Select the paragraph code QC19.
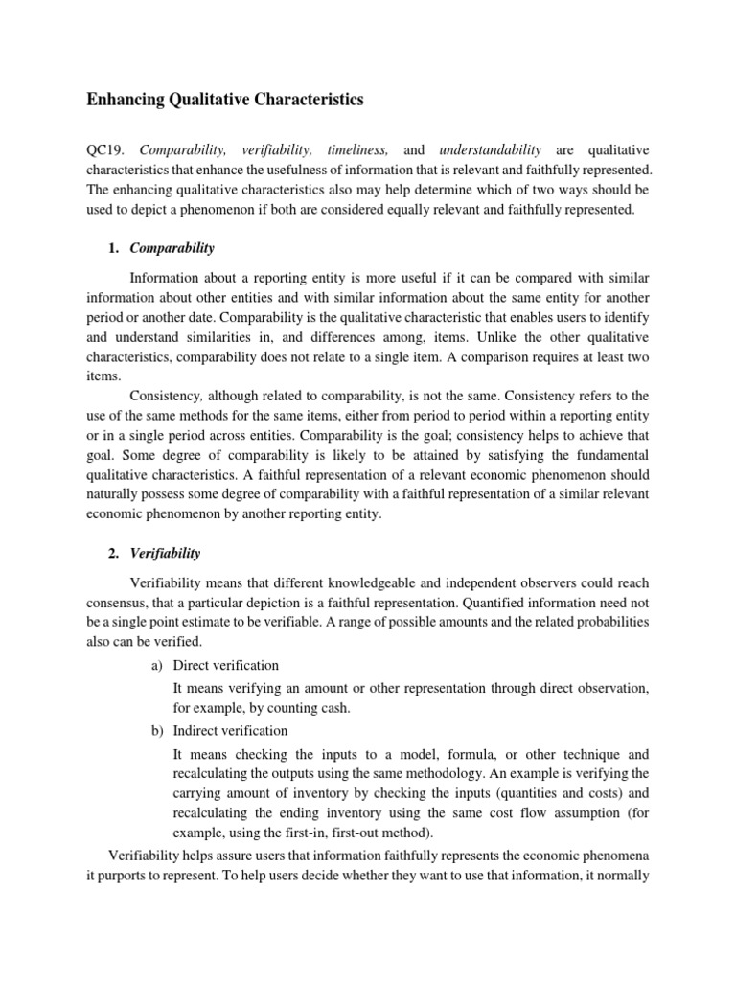pyautogui.click(x=108, y=150)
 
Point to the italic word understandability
pyautogui.click(x=490, y=150)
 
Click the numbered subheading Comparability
pyautogui.click(x=172, y=248)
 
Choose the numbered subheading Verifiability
pyautogui.click(x=165, y=554)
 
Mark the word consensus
pyautogui.click(x=119, y=603)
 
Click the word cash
pyautogui.click(x=332, y=709)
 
